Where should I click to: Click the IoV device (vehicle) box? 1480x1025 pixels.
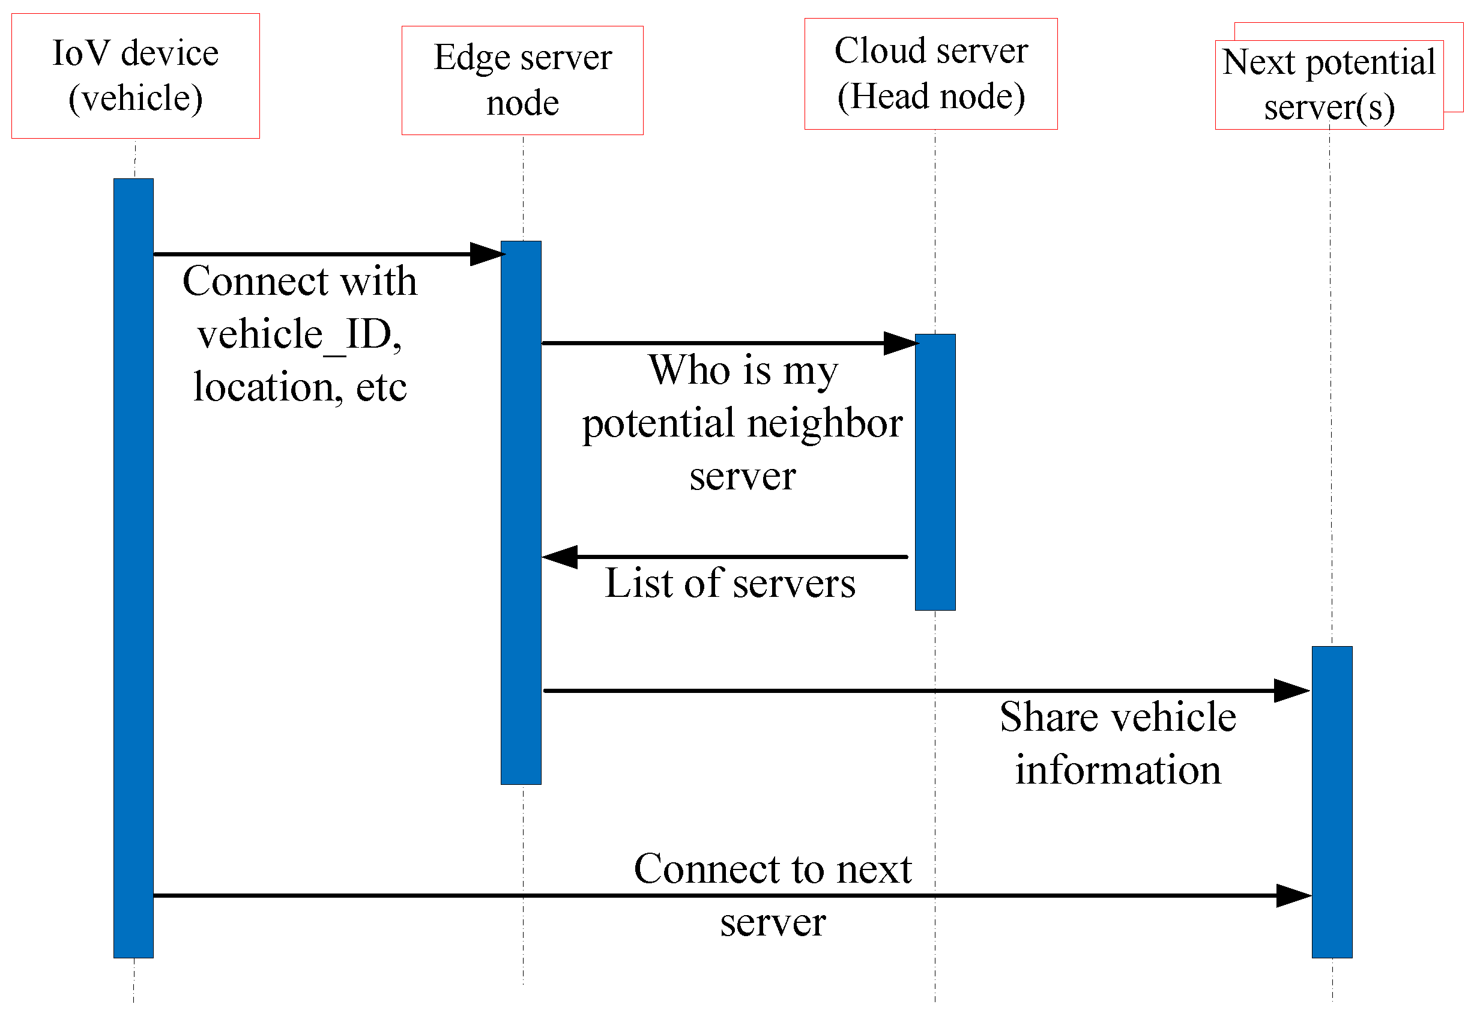[136, 76]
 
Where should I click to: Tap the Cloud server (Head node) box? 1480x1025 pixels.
[931, 74]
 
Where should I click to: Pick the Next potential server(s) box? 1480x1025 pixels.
[1329, 85]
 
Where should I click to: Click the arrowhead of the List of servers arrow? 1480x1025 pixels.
[560, 557]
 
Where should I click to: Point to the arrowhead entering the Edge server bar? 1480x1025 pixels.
[487, 255]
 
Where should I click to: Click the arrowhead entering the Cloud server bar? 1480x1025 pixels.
[900, 343]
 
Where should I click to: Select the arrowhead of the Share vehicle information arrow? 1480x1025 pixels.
[1291, 691]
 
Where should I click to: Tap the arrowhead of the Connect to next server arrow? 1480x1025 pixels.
[1293, 896]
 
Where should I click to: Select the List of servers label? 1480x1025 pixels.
[730, 584]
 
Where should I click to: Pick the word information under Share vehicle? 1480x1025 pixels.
[1118, 770]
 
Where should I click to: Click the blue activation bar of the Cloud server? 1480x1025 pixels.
[935, 472]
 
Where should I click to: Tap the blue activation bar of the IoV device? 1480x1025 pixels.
[133, 569]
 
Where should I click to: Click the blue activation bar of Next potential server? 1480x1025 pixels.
[1332, 803]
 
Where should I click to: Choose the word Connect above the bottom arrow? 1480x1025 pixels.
[706, 869]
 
